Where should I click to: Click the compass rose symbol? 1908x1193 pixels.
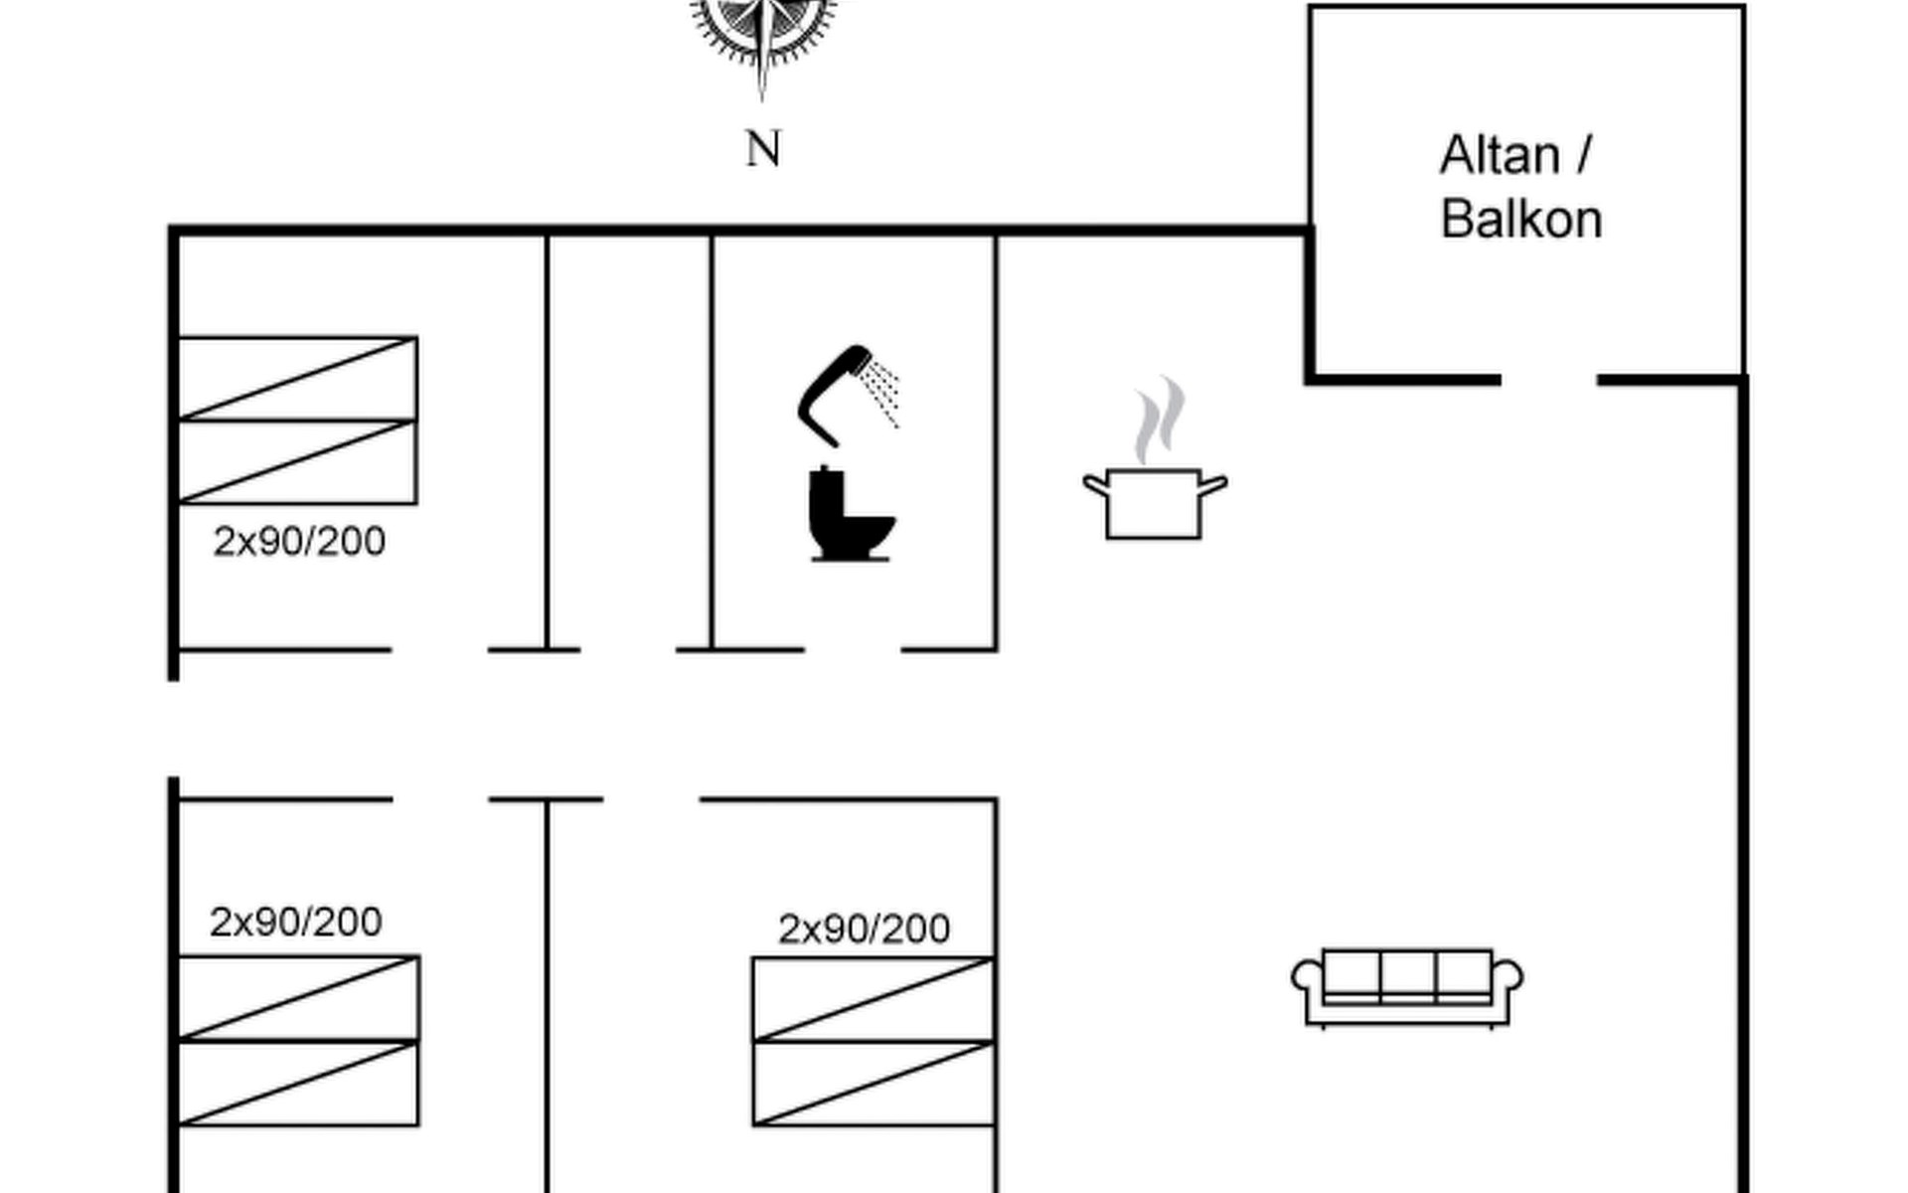[x=762, y=30]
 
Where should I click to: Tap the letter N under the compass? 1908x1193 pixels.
[x=763, y=150]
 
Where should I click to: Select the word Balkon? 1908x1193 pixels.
[x=1521, y=220]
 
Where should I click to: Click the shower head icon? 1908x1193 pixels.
[x=845, y=394]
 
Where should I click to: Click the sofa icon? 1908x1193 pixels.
[x=1407, y=987]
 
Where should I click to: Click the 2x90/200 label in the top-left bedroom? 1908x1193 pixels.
[x=299, y=542]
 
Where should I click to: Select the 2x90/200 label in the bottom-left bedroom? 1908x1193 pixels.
[x=295, y=923]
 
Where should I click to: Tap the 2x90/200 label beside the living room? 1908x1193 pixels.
[x=864, y=929]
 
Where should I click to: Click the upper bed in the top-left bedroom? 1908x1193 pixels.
[x=297, y=379]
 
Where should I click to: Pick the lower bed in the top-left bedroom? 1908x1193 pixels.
[x=297, y=462]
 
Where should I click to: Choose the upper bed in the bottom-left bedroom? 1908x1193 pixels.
[x=298, y=998]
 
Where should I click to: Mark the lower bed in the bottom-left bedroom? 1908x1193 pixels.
[x=298, y=1084]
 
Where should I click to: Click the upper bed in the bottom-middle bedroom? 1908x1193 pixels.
[x=874, y=999]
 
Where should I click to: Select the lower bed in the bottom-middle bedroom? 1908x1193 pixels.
[x=874, y=1084]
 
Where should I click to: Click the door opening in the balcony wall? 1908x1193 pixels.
[x=1548, y=380]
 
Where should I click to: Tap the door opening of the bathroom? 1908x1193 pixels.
[x=853, y=650]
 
